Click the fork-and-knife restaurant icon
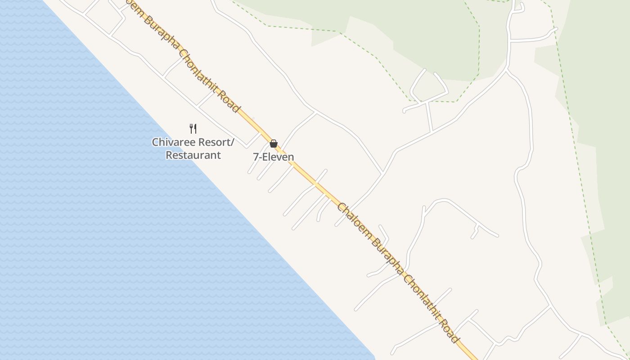coord(193,129)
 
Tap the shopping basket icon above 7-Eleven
coord(274,144)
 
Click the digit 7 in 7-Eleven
coord(256,157)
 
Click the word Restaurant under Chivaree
coord(193,155)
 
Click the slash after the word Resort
coord(233,142)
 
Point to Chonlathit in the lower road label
coord(421,293)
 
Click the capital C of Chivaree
coord(155,142)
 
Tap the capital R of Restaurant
coord(169,155)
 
